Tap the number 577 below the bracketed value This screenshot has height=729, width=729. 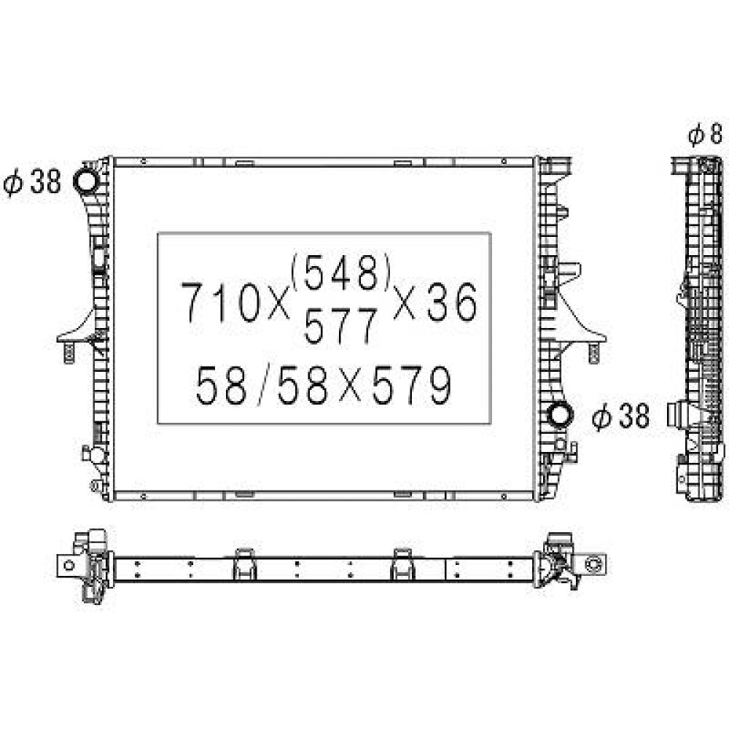341,326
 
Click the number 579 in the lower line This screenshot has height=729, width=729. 410,386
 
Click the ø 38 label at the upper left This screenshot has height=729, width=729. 34,182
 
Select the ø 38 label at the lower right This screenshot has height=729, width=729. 620,416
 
